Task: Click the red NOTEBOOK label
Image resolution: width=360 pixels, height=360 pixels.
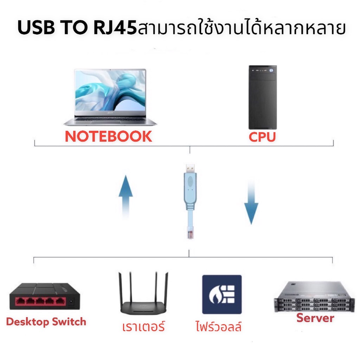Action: click(x=108, y=136)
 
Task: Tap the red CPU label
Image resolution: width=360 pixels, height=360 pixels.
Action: click(x=262, y=137)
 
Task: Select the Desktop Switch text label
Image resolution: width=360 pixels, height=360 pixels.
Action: click(x=46, y=322)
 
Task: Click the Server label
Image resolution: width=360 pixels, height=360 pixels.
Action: click(x=315, y=318)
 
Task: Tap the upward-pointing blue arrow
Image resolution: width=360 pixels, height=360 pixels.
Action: click(x=126, y=196)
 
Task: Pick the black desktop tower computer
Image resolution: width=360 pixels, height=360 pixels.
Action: click(x=263, y=97)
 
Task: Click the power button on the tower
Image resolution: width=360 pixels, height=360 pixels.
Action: click(x=271, y=70)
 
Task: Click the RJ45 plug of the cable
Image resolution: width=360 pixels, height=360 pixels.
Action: click(x=190, y=232)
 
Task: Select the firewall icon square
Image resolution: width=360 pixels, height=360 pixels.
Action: click(x=222, y=294)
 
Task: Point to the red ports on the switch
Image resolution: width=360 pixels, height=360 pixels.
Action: click(x=40, y=301)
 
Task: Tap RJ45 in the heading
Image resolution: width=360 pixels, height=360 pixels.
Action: click(x=115, y=27)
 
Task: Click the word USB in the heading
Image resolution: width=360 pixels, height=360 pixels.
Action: click(x=36, y=27)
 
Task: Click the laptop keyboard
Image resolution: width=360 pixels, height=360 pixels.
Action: click(x=110, y=119)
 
